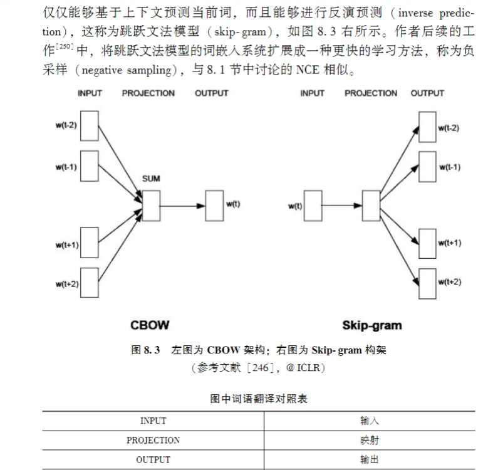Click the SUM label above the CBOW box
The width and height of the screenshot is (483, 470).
[x=151, y=179]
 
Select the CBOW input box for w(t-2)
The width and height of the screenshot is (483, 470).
[x=90, y=127]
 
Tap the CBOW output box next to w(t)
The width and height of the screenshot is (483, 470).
[x=215, y=205]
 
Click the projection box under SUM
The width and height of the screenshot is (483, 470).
[x=151, y=204]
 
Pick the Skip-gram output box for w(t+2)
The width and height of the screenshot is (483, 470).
[x=427, y=283]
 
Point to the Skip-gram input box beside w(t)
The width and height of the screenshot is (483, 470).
[x=312, y=205]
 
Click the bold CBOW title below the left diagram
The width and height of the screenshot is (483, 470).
[x=150, y=325]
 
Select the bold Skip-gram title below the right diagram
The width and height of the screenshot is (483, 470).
[x=372, y=325]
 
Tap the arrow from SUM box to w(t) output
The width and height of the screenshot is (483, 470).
[x=182, y=205]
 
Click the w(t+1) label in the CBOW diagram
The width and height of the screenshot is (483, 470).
[x=66, y=244]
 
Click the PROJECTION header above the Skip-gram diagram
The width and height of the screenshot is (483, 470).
[x=371, y=93]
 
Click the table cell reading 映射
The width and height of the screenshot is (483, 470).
[x=370, y=440]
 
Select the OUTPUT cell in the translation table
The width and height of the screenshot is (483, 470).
[x=153, y=459]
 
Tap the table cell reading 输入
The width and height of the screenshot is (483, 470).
[x=370, y=420]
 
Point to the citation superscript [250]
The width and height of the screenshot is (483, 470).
[x=65, y=48]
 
